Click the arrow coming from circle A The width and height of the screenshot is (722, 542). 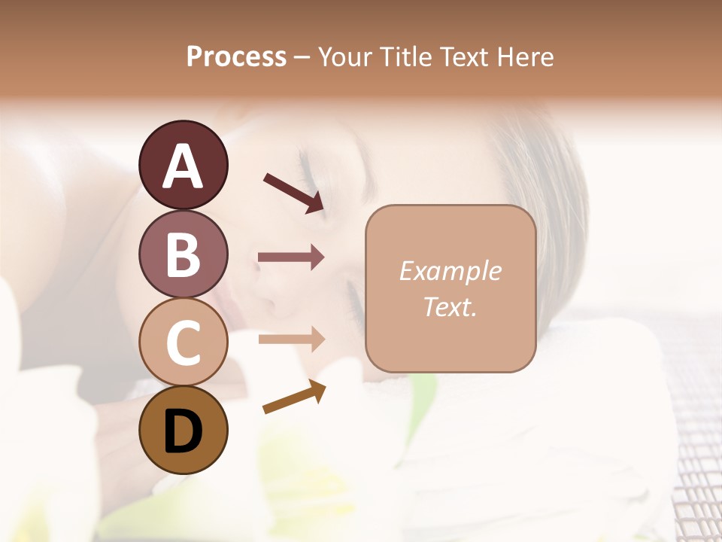click(x=294, y=192)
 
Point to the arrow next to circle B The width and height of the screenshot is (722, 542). click(x=291, y=257)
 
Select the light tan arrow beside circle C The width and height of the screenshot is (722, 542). click(x=291, y=339)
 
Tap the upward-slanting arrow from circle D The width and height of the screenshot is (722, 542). click(x=295, y=397)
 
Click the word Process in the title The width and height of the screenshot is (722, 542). click(x=236, y=56)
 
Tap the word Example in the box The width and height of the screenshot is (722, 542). click(x=450, y=271)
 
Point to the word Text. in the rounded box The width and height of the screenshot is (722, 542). click(x=450, y=306)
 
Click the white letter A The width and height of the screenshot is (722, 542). click(x=184, y=166)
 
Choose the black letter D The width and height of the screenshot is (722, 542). click(x=184, y=431)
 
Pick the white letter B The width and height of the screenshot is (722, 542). click(x=184, y=254)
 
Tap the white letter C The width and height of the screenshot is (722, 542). click(x=184, y=343)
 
